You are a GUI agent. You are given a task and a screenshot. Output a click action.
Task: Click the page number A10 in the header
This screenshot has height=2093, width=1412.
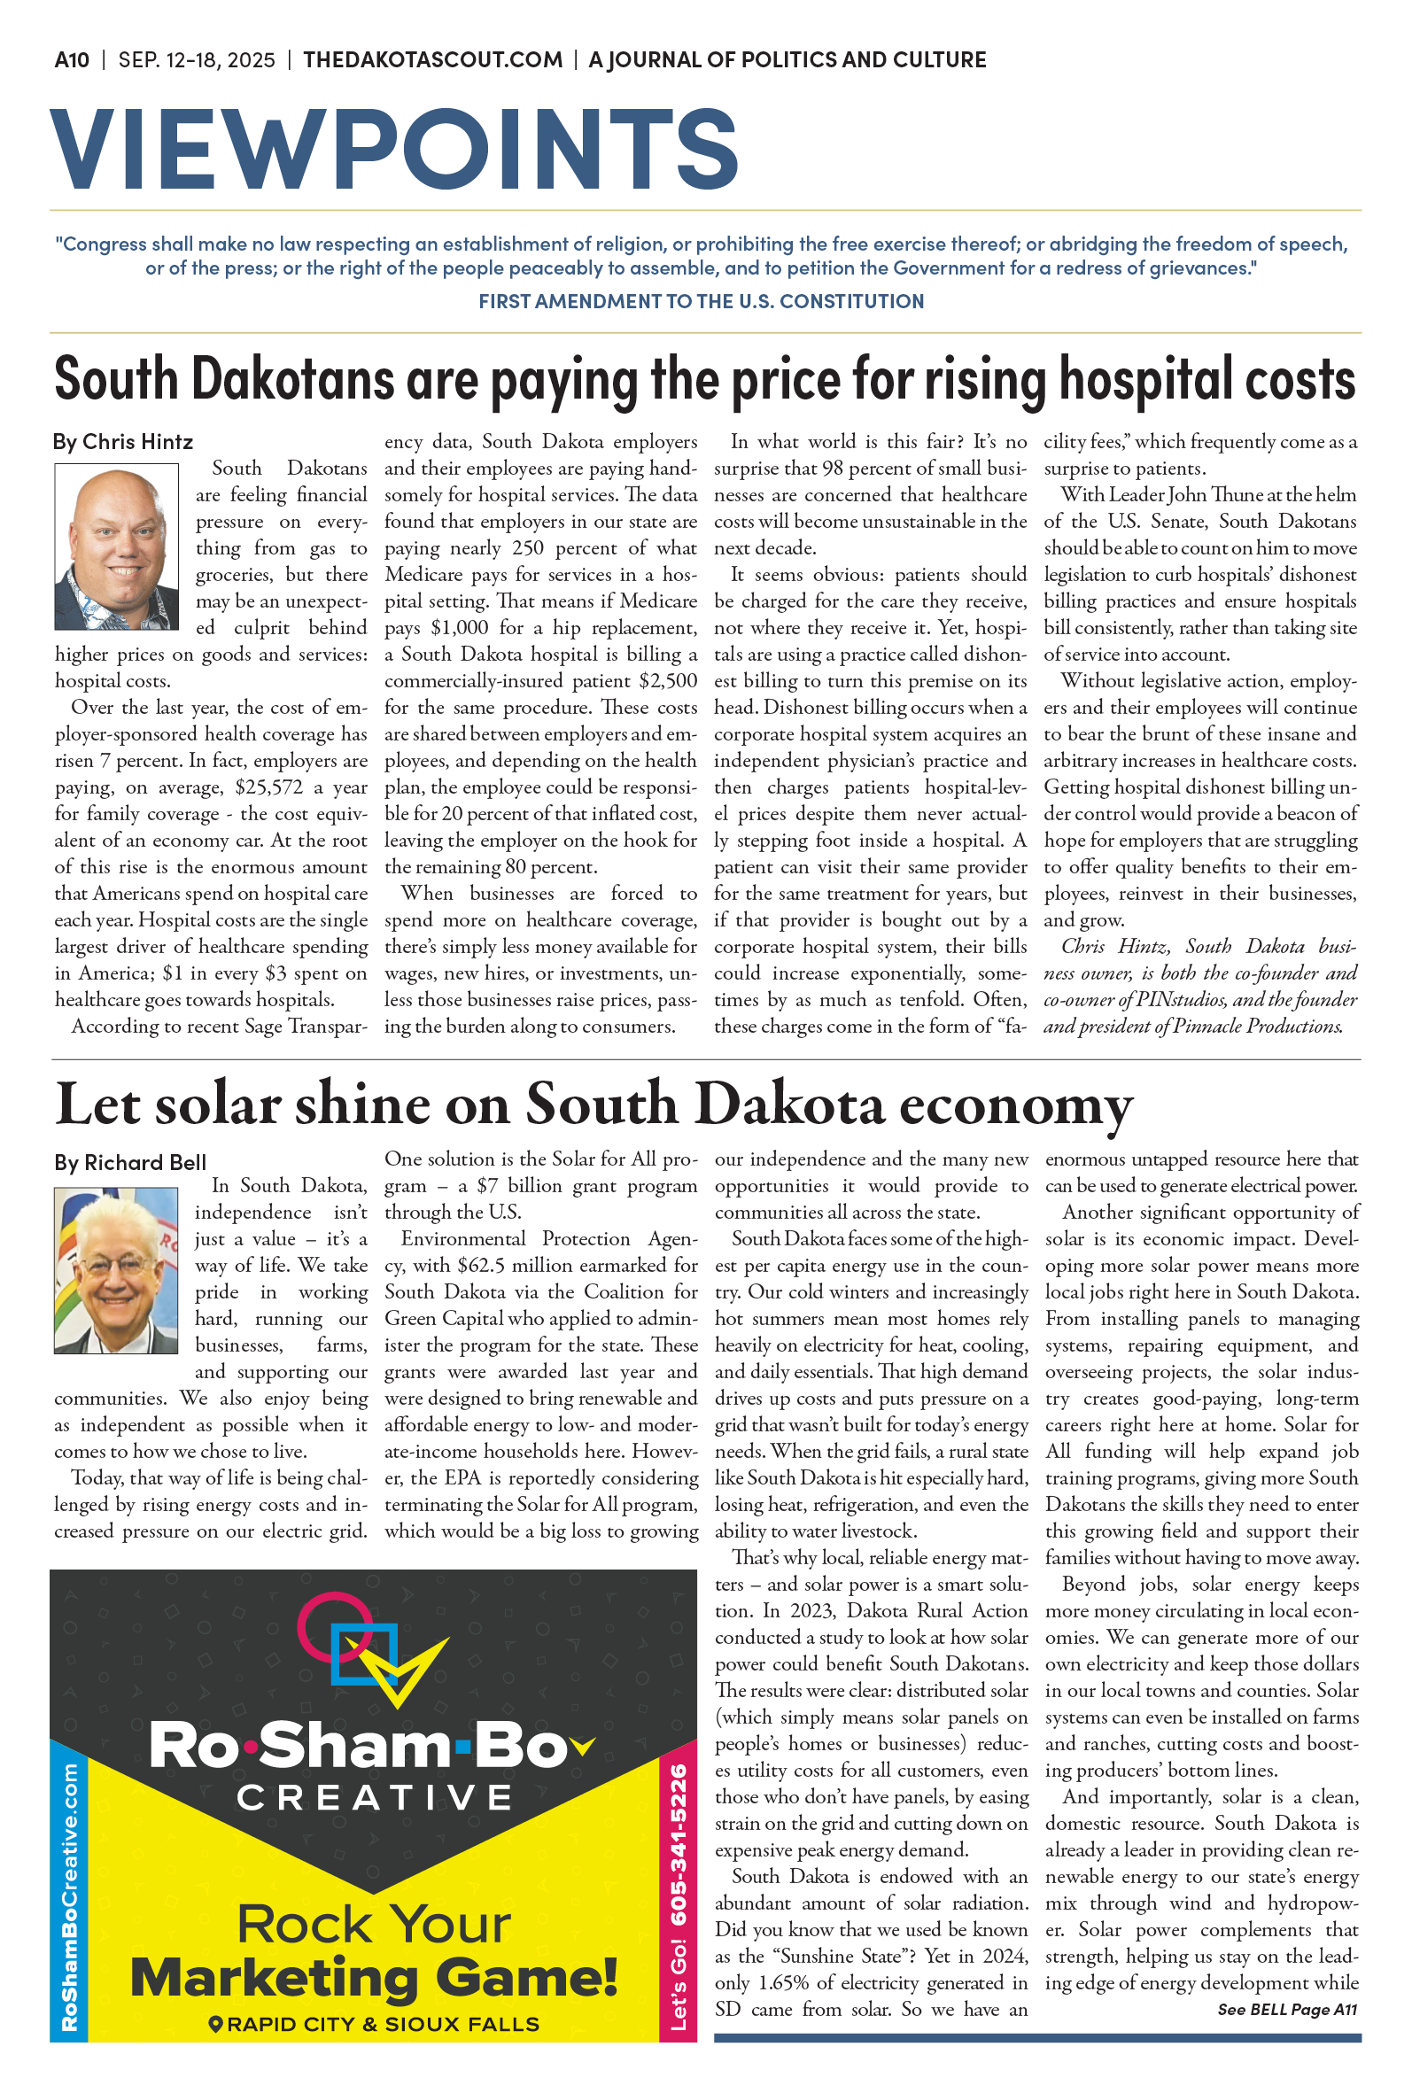pyautogui.click(x=71, y=60)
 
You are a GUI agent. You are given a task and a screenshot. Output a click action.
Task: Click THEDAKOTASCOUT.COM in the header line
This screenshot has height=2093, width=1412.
pyautogui.click(x=432, y=60)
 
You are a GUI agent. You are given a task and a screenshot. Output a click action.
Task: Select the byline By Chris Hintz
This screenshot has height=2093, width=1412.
pyautogui.click(x=122, y=442)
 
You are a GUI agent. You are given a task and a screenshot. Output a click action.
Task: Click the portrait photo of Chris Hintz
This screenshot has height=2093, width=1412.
pyautogui.click(x=116, y=546)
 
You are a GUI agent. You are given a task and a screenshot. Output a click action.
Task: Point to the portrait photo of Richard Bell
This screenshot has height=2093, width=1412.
pyautogui.click(x=116, y=1269)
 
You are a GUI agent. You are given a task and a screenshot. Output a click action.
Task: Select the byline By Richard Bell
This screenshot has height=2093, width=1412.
pyautogui.click(x=129, y=1162)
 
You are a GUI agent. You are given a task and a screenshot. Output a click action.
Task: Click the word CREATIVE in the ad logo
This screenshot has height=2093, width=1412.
pyautogui.click(x=374, y=1798)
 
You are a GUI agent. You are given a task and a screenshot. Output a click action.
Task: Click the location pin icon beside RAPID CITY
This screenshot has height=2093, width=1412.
pyautogui.click(x=215, y=2025)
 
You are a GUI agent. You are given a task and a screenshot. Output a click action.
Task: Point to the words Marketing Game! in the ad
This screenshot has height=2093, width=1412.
pyautogui.click(x=374, y=1978)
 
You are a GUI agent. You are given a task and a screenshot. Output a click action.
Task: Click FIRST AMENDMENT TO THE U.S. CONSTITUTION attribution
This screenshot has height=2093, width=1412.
pyautogui.click(x=701, y=301)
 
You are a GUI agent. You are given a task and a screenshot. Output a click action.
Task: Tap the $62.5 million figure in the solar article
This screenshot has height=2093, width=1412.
pyautogui.click(x=505, y=1266)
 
